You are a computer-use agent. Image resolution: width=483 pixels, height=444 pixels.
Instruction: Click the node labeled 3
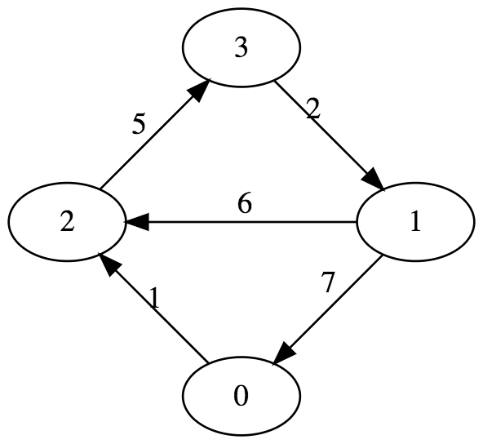[241, 48]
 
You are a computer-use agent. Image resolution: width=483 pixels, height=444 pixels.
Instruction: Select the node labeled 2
[67, 222]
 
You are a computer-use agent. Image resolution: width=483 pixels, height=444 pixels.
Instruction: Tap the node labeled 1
[415, 222]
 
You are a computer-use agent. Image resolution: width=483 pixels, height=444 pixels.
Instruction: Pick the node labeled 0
[241, 396]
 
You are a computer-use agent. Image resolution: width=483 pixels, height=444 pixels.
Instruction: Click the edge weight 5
[139, 125]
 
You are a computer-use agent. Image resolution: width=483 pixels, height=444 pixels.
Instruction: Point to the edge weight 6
[245, 202]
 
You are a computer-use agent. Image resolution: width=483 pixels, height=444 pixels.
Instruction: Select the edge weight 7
[328, 282]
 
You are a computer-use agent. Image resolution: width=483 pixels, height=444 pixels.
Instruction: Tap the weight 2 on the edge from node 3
[313, 109]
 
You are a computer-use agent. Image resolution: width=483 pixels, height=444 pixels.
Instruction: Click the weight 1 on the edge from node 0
[155, 298]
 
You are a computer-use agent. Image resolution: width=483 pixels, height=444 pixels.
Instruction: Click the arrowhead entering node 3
[200, 89]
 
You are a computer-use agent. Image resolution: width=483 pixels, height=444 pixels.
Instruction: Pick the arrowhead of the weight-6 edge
[136, 222]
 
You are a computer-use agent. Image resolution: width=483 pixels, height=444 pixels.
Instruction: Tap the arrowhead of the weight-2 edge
[374, 180]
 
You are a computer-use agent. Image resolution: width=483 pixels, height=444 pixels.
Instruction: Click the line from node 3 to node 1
[330, 135]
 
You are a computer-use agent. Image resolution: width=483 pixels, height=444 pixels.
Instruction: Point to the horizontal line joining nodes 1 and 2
[240, 222]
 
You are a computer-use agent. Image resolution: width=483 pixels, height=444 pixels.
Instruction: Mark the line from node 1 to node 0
[327, 311]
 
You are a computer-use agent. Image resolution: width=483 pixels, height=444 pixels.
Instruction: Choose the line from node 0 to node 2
[153, 308]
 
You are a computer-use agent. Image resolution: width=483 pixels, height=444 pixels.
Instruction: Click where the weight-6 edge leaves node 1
[356, 222]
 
